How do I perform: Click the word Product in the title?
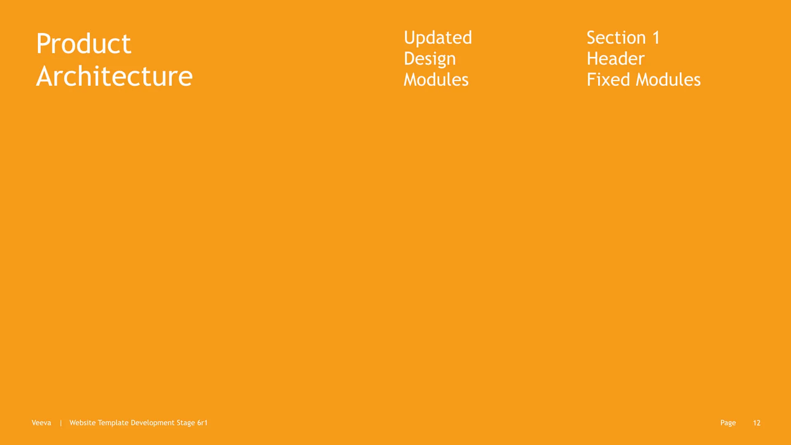[84, 44]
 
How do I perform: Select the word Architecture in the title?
[115, 77]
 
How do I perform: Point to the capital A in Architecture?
[44, 77]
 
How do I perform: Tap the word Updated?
[438, 38]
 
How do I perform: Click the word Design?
[430, 59]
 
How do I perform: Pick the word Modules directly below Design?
[436, 80]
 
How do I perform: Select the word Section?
[616, 38]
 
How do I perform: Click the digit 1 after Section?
[656, 38]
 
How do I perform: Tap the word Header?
[615, 59]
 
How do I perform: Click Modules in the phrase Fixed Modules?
[668, 80]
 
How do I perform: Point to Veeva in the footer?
[41, 423]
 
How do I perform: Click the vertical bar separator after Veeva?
[61, 423]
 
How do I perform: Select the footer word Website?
[82, 423]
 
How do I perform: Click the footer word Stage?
[186, 423]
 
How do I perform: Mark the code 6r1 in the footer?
[202, 423]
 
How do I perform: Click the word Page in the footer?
[728, 423]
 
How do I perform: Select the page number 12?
[756, 423]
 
